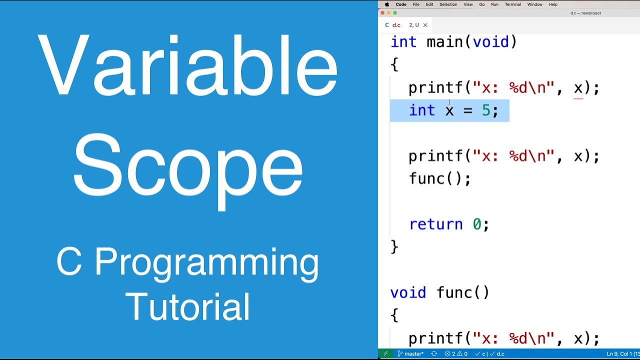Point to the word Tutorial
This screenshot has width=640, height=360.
click(187, 306)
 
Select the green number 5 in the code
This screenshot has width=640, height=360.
click(486, 110)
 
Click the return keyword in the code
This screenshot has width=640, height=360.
click(435, 224)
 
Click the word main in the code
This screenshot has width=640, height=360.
click(445, 42)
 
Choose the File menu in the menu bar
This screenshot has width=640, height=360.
click(416, 4)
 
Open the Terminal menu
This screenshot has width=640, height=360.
click(512, 4)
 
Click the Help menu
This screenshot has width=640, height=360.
click(553, 4)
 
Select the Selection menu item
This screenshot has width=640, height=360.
click(448, 4)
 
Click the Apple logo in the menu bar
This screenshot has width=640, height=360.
click(386, 4)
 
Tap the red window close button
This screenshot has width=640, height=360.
click(383, 13)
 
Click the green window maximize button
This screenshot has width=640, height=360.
click(395, 13)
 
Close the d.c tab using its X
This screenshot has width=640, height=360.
click(425, 25)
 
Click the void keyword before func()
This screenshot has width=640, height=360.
click(408, 292)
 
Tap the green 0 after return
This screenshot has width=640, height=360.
click(477, 224)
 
